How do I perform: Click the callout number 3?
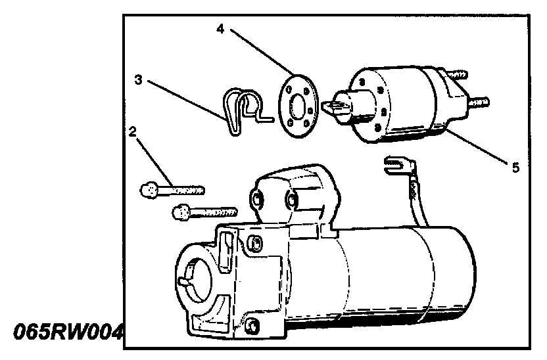coord(138,79)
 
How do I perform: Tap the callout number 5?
coord(515,168)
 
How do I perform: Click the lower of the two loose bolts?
coord(203,212)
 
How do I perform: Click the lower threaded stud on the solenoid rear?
coord(479,103)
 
